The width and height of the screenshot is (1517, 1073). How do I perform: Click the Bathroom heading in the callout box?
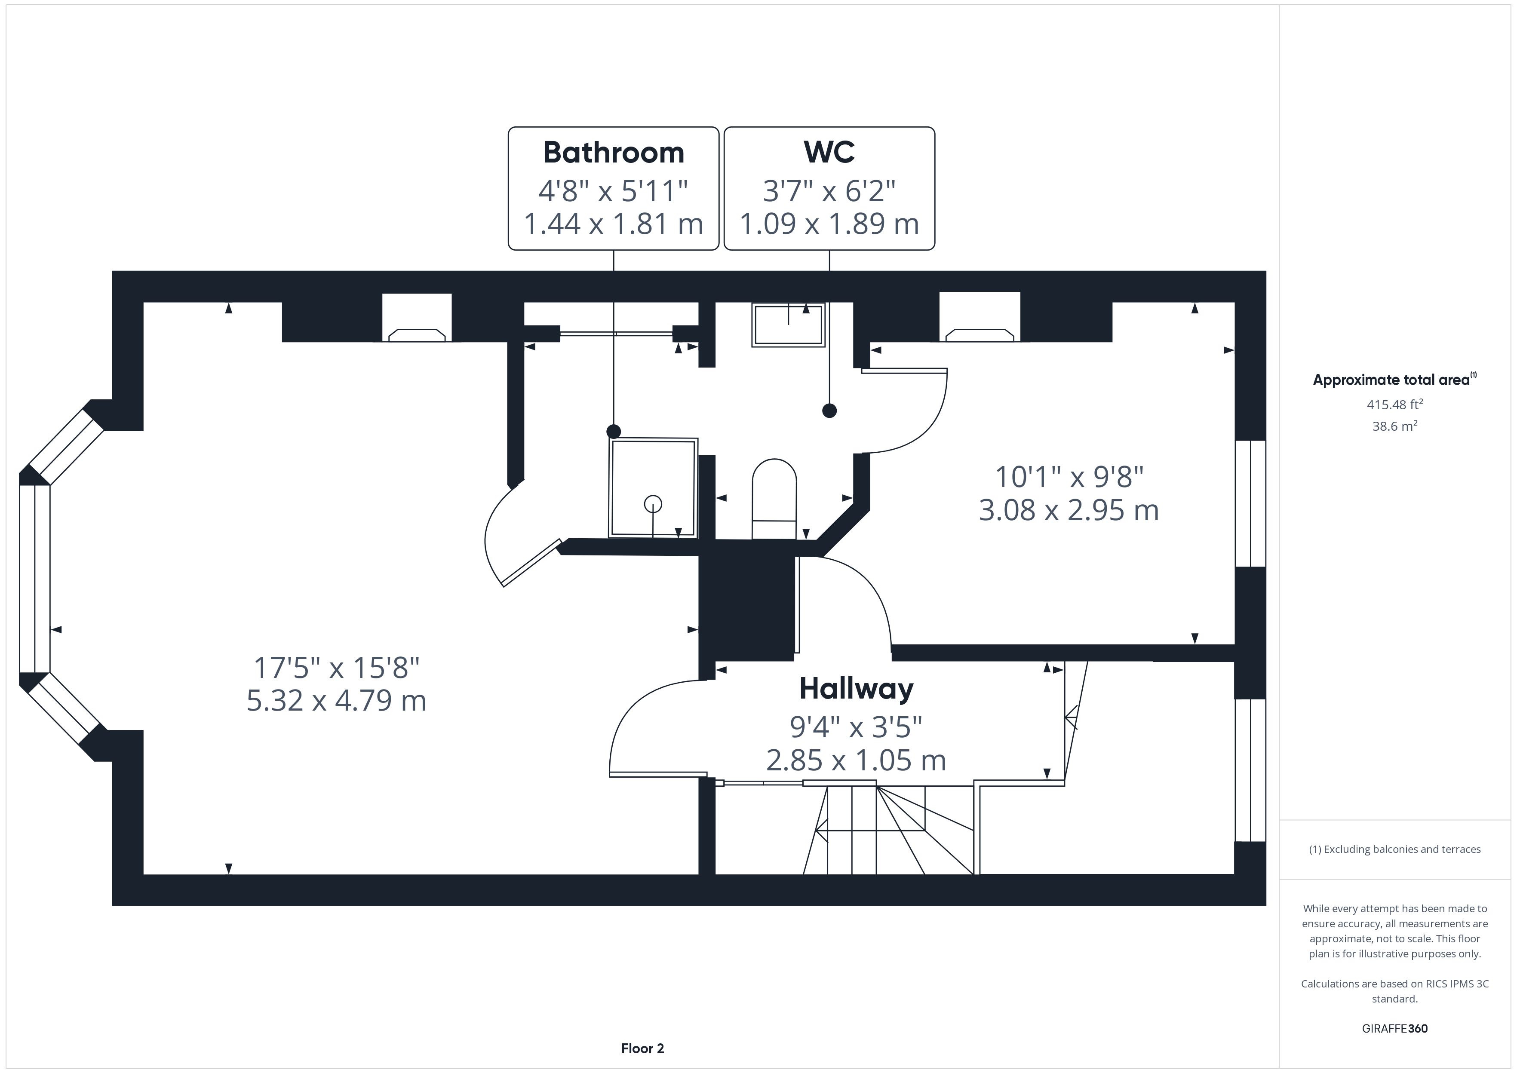tap(613, 153)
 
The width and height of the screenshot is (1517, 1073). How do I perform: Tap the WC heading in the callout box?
tap(829, 153)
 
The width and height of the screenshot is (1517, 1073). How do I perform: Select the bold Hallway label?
tap(856, 689)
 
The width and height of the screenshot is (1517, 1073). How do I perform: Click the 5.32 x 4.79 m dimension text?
tap(336, 700)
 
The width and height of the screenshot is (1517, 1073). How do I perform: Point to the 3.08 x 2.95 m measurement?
tap(1069, 510)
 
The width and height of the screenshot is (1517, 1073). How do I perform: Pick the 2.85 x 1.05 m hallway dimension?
tap(856, 760)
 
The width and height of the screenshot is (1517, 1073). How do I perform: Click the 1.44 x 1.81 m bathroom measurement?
tap(613, 224)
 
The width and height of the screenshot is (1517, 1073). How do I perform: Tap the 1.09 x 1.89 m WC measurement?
tap(829, 224)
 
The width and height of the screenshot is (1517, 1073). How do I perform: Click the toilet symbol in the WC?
tap(774, 499)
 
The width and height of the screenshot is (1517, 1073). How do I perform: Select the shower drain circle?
tap(653, 504)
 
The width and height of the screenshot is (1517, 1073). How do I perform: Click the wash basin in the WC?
tap(788, 325)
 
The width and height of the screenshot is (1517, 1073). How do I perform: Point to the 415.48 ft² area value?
tap(1395, 405)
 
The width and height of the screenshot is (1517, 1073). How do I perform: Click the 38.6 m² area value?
tap(1395, 426)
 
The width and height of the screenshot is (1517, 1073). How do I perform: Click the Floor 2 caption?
tap(642, 1048)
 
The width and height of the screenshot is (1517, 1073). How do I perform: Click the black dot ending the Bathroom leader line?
tap(614, 432)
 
